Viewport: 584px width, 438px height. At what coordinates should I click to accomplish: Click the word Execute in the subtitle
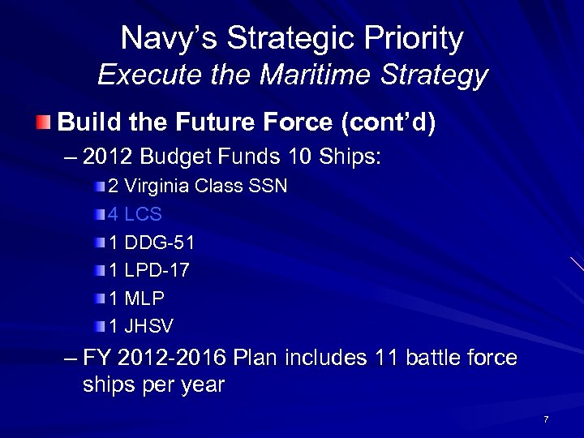click(x=140, y=75)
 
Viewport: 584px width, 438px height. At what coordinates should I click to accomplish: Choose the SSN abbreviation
click(x=266, y=187)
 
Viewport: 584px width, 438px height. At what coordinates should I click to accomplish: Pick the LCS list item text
click(x=144, y=214)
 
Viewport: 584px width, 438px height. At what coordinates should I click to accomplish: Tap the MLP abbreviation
click(x=144, y=298)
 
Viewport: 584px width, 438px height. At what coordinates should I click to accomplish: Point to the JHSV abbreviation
click(x=149, y=325)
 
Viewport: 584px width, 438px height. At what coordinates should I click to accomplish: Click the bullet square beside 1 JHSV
click(x=99, y=326)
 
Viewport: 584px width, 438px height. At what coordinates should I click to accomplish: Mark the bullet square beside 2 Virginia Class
click(x=99, y=187)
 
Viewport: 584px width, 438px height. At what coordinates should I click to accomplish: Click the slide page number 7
click(x=546, y=419)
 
